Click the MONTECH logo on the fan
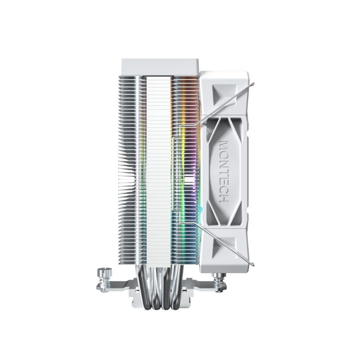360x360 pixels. click(x=224, y=171)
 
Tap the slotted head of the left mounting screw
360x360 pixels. click(x=104, y=272)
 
